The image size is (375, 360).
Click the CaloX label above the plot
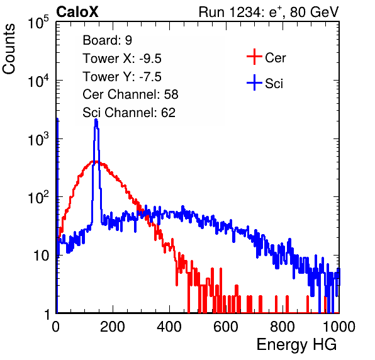pyautogui.click(x=77, y=12)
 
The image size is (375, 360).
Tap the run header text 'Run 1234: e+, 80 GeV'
pyautogui.click(x=269, y=12)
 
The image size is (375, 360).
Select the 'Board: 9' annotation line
pyautogui.click(x=107, y=40)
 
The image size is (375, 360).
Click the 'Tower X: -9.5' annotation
pyautogui.click(x=122, y=59)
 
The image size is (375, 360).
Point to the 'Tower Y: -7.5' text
pyautogui.click(x=122, y=77)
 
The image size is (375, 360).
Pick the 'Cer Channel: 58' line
pyautogui.click(x=130, y=94)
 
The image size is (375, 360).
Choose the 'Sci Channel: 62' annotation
pyautogui.click(x=129, y=113)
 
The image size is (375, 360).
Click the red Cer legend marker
pyautogui.click(x=254, y=57)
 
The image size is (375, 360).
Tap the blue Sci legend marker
pyautogui.click(x=254, y=83)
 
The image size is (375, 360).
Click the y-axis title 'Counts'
pyautogui.click(x=9, y=49)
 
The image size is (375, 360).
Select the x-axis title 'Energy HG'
pyautogui.click(x=296, y=344)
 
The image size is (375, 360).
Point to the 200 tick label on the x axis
pyautogui.click(x=113, y=327)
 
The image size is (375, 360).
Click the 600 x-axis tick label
pyautogui.click(x=226, y=327)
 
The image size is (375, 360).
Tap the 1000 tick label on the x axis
pyautogui.click(x=339, y=327)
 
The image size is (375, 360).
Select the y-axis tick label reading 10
pyautogui.click(x=41, y=256)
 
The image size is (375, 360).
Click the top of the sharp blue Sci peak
pyautogui.click(x=96, y=120)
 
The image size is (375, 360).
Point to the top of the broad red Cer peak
pyautogui.click(x=95, y=162)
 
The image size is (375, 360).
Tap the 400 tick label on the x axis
pyautogui.click(x=169, y=327)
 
